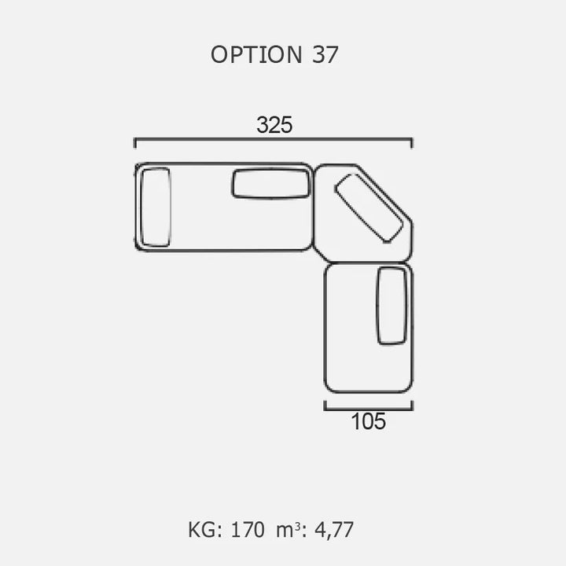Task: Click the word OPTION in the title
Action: tap(256, 55)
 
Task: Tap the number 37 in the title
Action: tap(325, 55)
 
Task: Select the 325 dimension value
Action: tap(274, 125)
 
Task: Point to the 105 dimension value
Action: tap(369, 421)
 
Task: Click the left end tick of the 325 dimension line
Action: tap(135, 143)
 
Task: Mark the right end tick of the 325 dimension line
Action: tap(412, 143)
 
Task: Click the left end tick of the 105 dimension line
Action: tap(325, 406)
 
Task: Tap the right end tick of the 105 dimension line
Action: tap(412, 406)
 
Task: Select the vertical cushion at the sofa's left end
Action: tap(156, 208)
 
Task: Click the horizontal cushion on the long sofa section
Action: tap(270, 184)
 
